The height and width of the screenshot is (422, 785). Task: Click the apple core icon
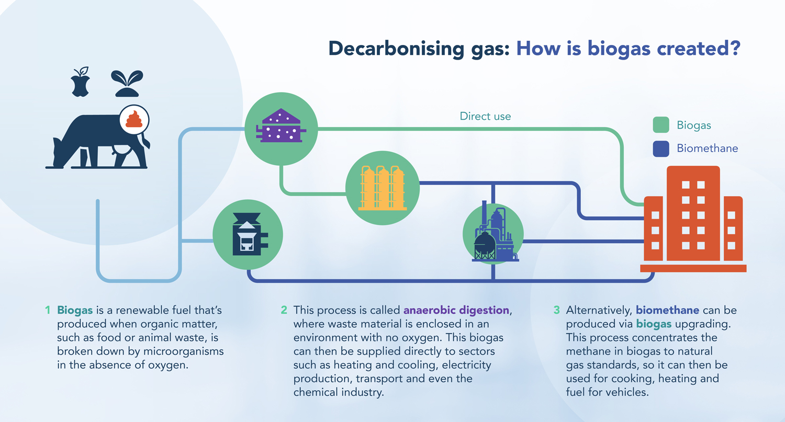tap(81, 82)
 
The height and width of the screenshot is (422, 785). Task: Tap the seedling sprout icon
tap(127, 83)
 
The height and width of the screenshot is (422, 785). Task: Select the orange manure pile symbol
tap(134, 119)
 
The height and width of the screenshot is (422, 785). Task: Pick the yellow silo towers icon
tap(383, 188)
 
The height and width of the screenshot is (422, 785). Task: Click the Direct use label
tap(485, 116)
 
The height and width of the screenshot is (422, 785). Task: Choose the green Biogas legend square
tap(661, 125)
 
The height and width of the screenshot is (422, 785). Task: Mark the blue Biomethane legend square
tap(661, 149)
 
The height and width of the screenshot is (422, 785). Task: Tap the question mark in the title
tap(734, 48)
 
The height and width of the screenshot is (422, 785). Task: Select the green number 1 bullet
tap(48, 310)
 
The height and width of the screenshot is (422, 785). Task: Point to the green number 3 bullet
tap(556, 310)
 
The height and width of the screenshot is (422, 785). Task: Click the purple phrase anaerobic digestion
tap(456, 310)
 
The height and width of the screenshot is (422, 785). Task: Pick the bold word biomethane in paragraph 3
tap(667, 310)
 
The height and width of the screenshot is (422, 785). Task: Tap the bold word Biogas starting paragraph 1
tap(75, 311)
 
